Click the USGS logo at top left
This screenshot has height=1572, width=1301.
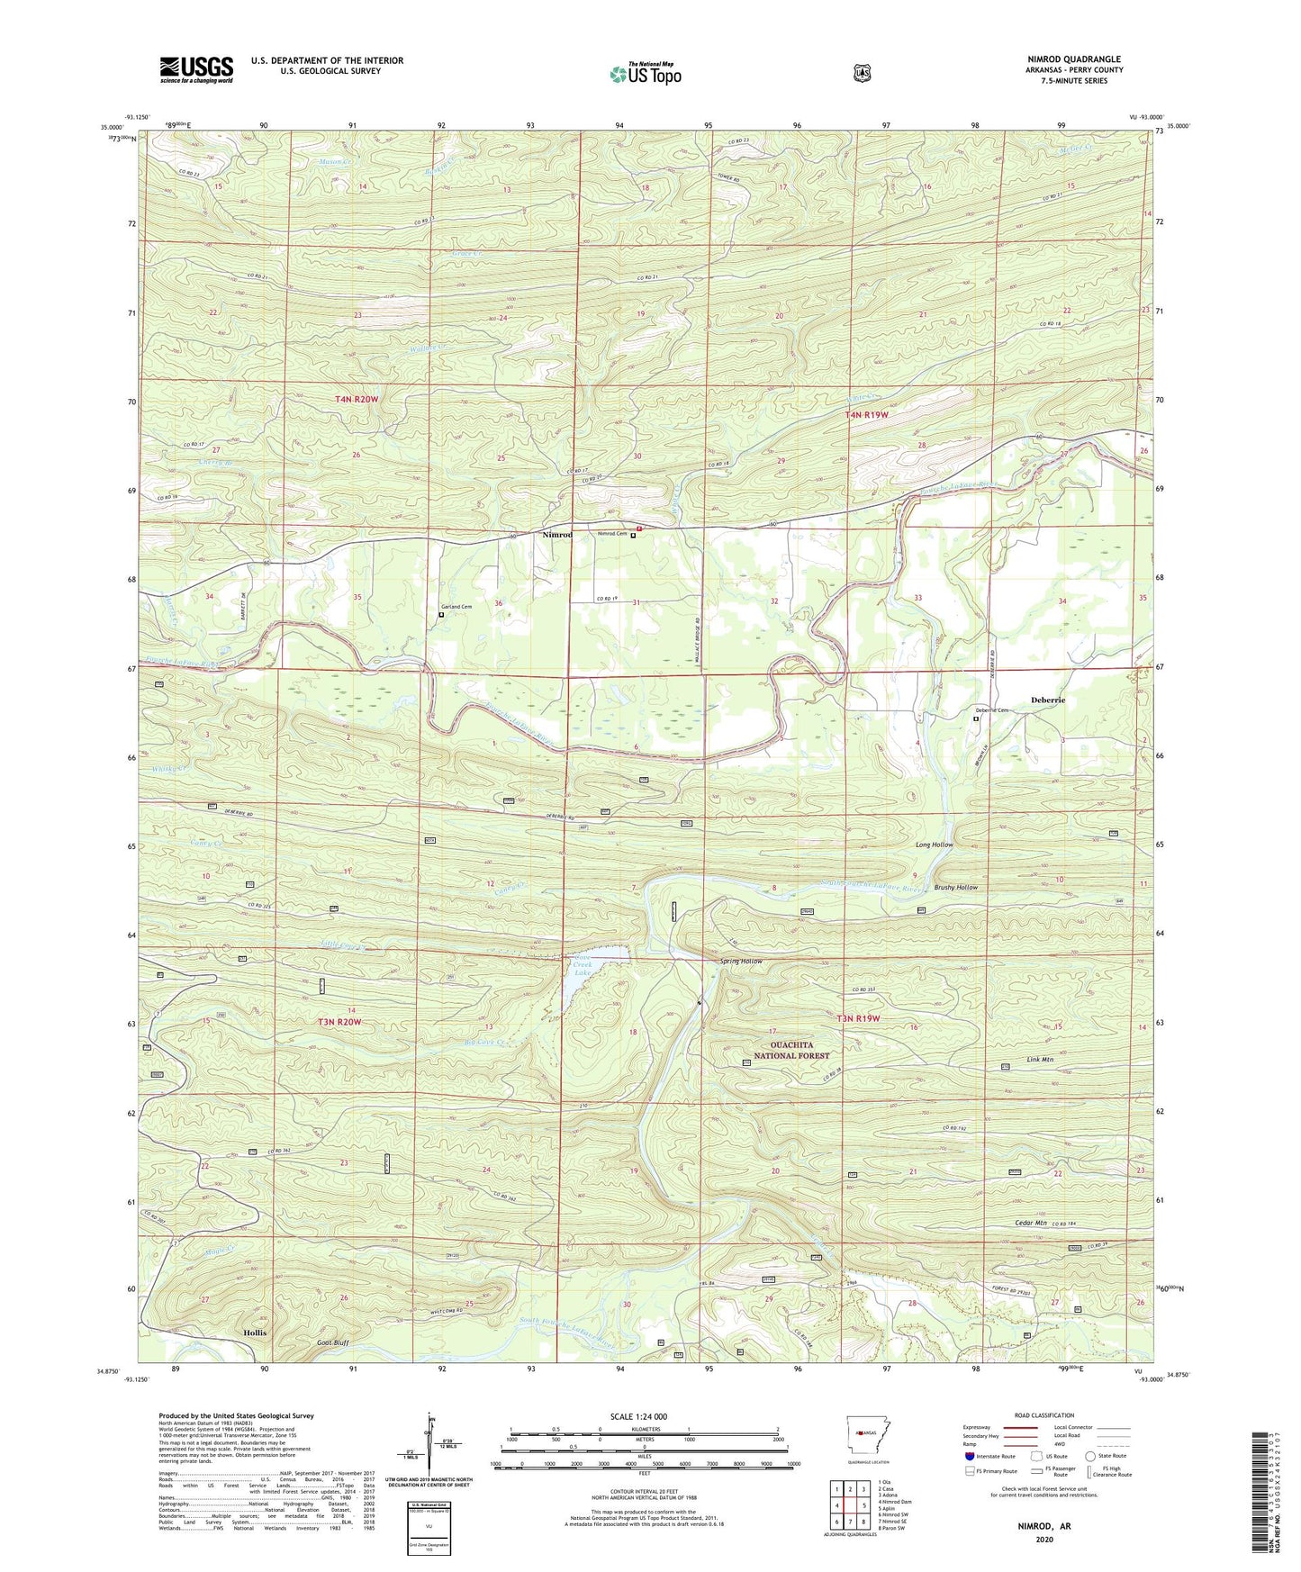pyautogui.click(x=196, y=69)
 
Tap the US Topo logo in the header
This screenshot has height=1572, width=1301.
pyautogui.click(x=643, y=74)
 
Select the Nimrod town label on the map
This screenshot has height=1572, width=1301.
pyautogui.click(x=557, y=535)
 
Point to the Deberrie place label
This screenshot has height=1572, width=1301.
pyautogui.click(x=1048, y=700)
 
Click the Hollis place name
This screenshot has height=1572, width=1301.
pyautogui.click(x=256, y=1333)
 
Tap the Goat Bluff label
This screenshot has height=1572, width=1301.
pyautogui.click(x=332, y=1342)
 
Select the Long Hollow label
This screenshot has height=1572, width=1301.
pyautogui.click(x=935, y=845)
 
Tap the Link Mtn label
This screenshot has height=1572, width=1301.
pyautogui.click(x=1039, y=1060)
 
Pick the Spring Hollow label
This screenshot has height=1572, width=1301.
pyautogui.click(x=741, y=962)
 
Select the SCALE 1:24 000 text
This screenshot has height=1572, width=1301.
pyautogui.click(x=638, y=1417)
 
